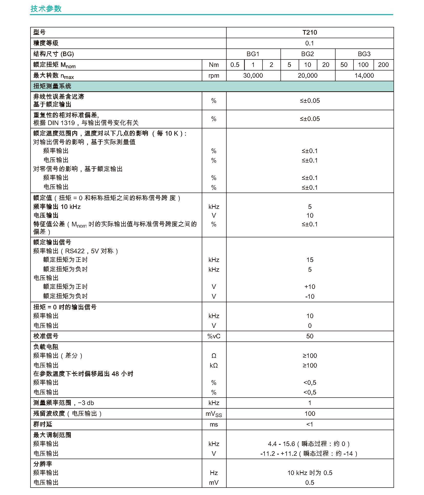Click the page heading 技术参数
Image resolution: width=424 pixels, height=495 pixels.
(46, 9)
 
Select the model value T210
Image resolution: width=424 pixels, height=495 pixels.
(310, 33)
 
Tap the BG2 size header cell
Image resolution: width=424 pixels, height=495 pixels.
(308, 54)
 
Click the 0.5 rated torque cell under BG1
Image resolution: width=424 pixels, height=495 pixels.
(235, 65)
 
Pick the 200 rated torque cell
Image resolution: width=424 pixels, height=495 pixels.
(383, 65)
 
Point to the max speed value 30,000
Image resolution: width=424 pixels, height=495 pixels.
(253, 76)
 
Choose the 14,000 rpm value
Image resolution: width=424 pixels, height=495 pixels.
(364, 76)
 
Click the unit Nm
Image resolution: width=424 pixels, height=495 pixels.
(214, 65)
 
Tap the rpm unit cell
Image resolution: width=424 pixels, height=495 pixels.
(214, 76)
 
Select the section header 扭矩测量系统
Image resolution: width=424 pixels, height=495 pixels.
(52, 86)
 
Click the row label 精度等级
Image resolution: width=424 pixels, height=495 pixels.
(46, 43)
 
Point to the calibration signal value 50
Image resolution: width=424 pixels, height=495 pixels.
(310, 336)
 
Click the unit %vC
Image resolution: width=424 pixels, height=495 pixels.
(214, 336)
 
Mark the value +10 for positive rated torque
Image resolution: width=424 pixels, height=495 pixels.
(310, 287)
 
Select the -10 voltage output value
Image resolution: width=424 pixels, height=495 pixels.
(310, 296)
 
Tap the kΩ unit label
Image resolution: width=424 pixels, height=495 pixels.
(214, 365)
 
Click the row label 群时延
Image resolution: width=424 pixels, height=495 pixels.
(43, 424)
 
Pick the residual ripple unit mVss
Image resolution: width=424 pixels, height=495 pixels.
(214, 414)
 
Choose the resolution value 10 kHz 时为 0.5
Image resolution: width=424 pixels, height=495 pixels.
(310, 473)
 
